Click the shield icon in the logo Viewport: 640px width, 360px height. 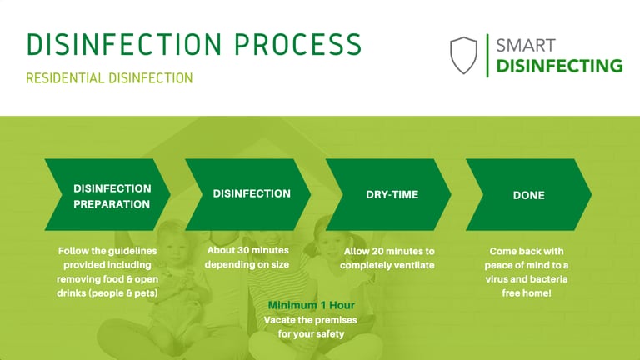(464, 55)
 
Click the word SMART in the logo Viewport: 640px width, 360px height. (525, 45)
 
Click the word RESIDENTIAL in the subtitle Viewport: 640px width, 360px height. (65, 78)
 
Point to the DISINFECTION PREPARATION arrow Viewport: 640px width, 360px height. (107, 195)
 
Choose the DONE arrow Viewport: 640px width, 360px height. (528, 195)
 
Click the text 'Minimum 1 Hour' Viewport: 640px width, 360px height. (305, 305)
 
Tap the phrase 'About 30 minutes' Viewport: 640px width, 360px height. (248, 251)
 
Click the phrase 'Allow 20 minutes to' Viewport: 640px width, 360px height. (389, 251)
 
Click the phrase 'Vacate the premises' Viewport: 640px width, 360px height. (305, 320)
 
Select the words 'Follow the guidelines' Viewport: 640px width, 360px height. (107, 251)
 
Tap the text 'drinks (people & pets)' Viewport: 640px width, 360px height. (107, 293)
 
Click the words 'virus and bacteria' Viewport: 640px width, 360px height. (528, 279)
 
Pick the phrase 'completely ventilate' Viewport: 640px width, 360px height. (389, 265)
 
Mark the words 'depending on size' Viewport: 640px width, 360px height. (248, 265)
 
